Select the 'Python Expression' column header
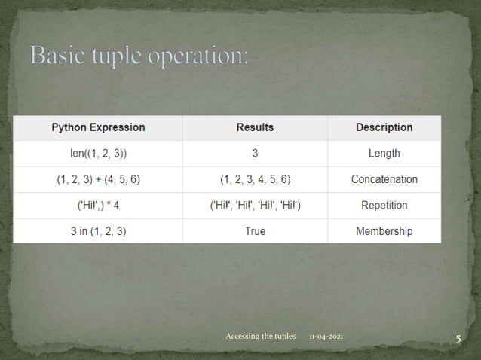pos(98,127)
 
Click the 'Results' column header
pos(255,127)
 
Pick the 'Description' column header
pos(384,127)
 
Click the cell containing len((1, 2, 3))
pos(98,154)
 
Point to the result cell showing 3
pos(255,154)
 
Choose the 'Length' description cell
pos(384,154)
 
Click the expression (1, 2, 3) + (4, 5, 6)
pos(98,179)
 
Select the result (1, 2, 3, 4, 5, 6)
pos(255,179)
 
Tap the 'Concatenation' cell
pos(384,179)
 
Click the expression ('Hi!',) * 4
pos(98,205)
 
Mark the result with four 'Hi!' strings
pos(255,205)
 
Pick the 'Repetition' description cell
pos(384,205)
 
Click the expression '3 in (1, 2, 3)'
pos(98,231)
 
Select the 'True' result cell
pos(255,231)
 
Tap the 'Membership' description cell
pos(384,231)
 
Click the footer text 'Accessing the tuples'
pos(261,335)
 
